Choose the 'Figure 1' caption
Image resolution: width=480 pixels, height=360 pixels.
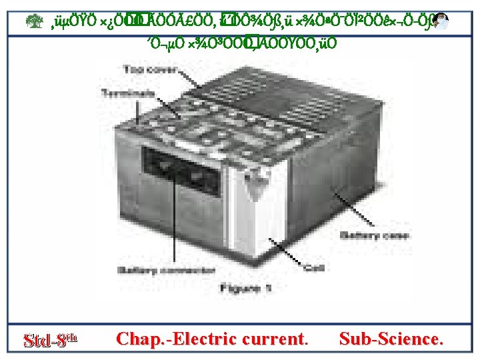[245, 288]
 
